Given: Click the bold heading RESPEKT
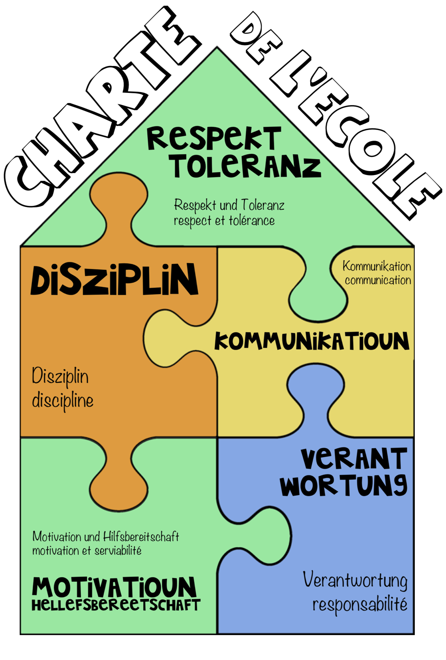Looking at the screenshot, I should point(214,138).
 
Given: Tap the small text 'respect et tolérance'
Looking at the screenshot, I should point(224,221).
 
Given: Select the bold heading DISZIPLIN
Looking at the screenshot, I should point(114,281).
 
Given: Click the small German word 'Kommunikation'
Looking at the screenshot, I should point(377,266).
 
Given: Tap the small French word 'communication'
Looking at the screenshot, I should point(378,280).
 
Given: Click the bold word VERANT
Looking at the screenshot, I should point(354,459).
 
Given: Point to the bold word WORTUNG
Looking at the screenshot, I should point(343,485).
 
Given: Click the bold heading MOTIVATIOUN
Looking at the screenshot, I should point(114,587).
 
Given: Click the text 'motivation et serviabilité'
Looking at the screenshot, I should point(87,551).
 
